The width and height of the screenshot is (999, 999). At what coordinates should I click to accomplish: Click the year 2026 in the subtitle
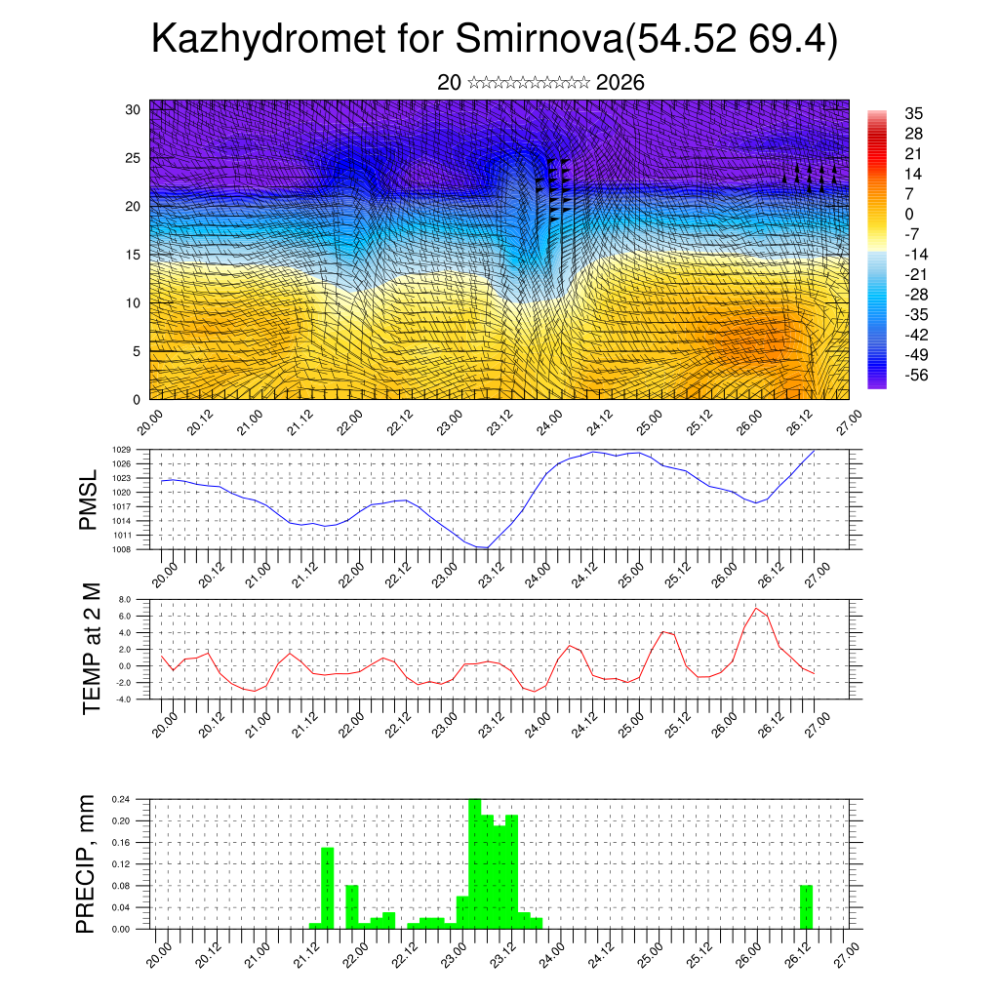619,83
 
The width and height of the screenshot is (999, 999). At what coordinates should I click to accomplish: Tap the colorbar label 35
914,113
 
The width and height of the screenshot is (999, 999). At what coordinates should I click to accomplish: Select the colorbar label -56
918,375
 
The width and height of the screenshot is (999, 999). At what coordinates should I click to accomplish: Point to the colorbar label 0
909,214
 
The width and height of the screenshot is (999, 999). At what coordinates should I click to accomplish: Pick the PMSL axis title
88,499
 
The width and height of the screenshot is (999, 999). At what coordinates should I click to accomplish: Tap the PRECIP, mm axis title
88,863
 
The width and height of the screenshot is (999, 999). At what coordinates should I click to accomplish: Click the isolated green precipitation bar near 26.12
806,907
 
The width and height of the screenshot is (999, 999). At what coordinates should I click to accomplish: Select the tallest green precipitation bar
475,863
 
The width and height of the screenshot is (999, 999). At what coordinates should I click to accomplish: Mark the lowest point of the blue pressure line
484,547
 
